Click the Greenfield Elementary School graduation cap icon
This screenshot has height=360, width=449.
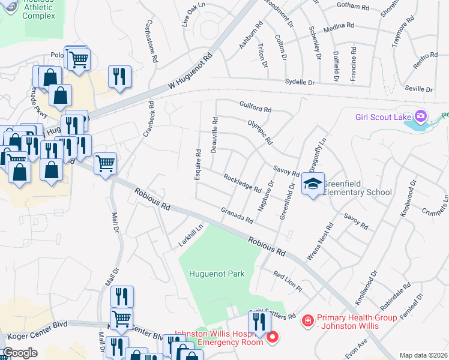[313, 184]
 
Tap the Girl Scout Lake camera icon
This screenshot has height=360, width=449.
[421, 115]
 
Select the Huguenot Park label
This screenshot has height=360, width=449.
[217, 274]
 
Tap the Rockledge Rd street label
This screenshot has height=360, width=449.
[242, 183]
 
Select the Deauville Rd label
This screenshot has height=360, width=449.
[214, 135]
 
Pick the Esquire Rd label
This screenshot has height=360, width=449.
[197, 163]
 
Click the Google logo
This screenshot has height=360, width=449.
[20, 352]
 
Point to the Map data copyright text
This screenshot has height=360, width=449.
[423, 355]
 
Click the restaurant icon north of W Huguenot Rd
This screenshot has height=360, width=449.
[118, 76]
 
